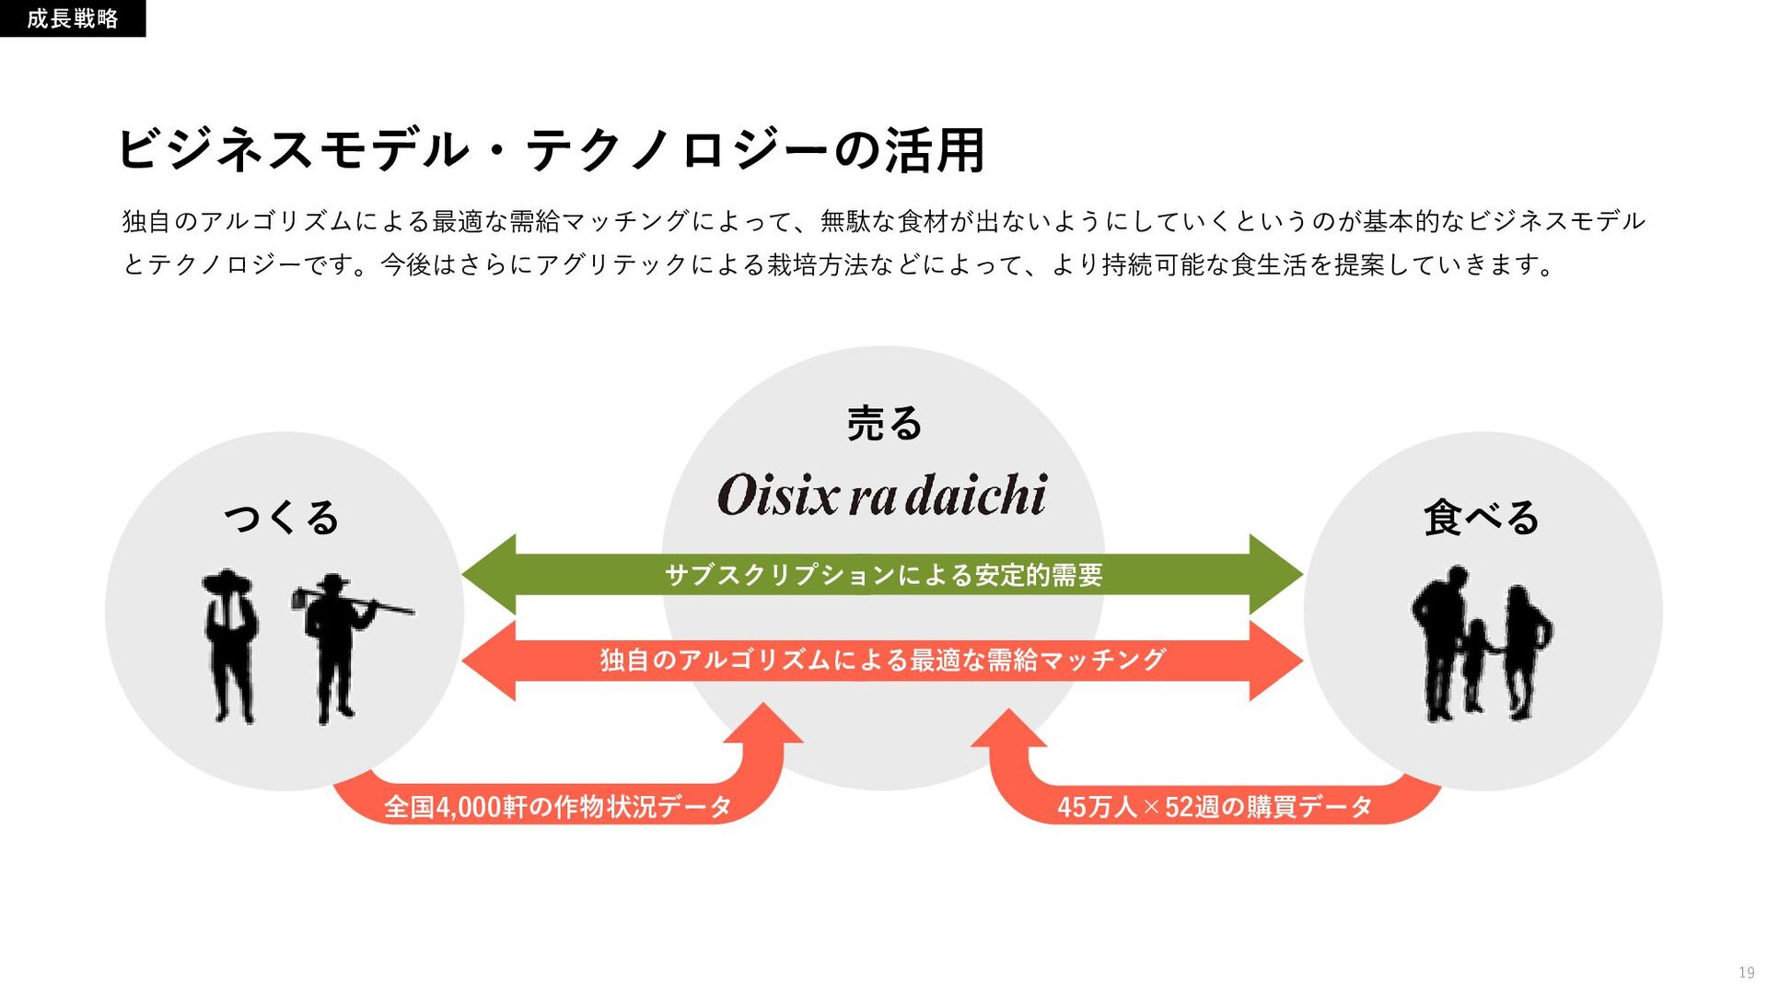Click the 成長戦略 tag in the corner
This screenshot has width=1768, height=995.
click(x=72, y=18)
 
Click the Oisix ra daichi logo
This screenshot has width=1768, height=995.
click(x=881, y=495)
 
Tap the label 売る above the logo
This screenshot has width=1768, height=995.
click(x=884, y=424)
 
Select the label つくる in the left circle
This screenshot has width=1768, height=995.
click(x=282, y=517)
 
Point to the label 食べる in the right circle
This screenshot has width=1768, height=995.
click(x=1481, y=517)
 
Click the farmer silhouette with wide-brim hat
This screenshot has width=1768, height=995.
click(x=229, y=645)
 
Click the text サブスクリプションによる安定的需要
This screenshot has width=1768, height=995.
click(x=883, y=575)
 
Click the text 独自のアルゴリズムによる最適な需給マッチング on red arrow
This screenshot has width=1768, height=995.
click(x=883, y=660)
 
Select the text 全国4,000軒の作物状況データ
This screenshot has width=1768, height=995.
click(x=558, y=806)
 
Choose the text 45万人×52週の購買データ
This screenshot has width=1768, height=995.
click(x=1215, y=806)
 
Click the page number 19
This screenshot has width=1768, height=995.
click(x=1746, y=973)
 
